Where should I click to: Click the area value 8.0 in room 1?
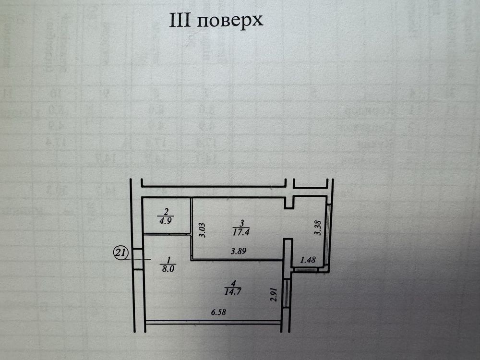[168, 269]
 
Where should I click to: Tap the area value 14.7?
[232, 290]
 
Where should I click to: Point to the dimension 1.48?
[308, 260]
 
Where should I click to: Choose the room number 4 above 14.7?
[232, 282]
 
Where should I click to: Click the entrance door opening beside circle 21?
[138, 259]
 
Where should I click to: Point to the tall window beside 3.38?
[328, 234]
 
